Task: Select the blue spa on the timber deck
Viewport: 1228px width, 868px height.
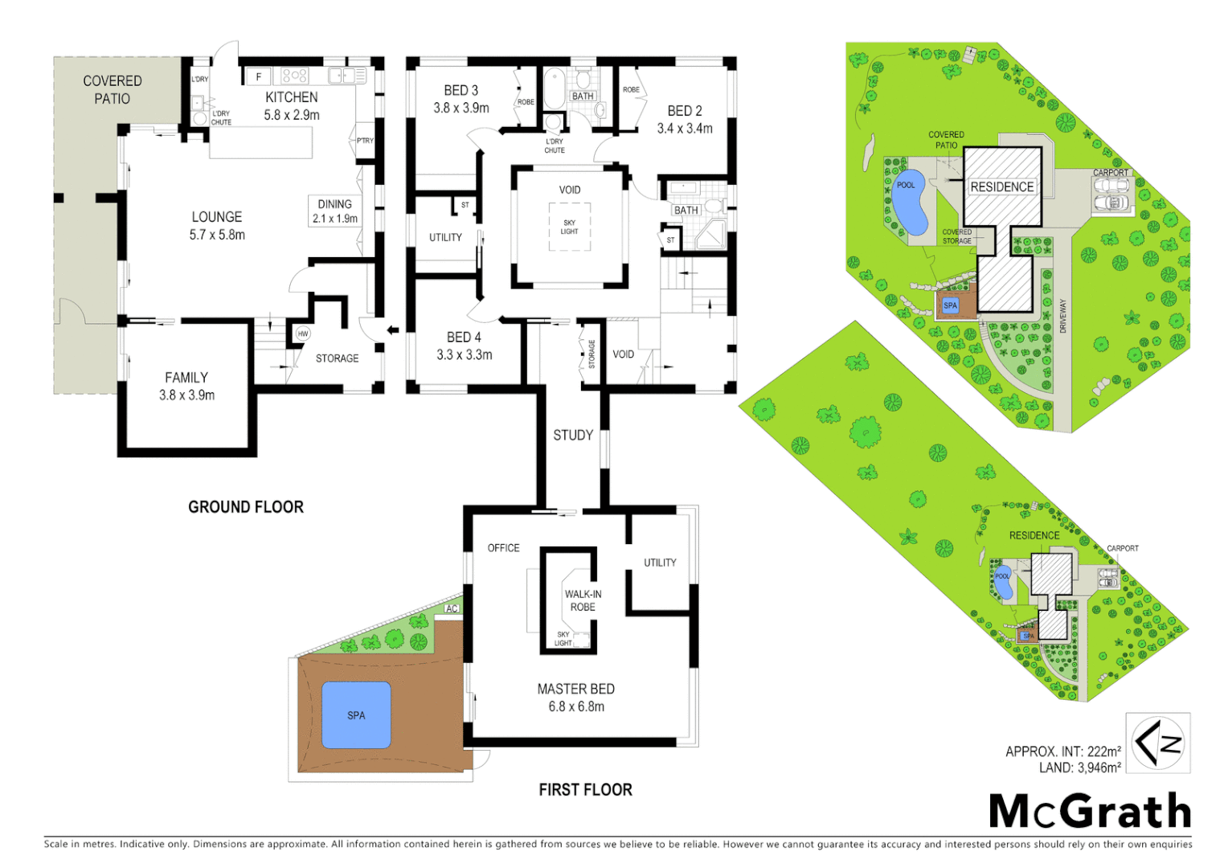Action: (356, 715)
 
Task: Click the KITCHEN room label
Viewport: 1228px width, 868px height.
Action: (292, 97)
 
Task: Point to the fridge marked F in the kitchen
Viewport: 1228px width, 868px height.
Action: (258, 77)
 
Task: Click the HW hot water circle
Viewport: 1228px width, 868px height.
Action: (303, 334)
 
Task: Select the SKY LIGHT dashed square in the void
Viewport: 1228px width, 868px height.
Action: (570, 227)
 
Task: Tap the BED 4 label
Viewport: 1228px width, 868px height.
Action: (464, 338)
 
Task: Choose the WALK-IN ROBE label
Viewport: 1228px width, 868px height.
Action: (583, 600)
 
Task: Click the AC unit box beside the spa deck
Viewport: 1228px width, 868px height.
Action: (452, 608)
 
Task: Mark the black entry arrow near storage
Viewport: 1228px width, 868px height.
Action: (393, 330)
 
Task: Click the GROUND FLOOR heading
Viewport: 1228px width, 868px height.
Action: (246, 507)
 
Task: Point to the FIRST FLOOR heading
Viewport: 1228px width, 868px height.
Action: (585, 790)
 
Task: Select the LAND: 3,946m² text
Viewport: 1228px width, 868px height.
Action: (1079, 768)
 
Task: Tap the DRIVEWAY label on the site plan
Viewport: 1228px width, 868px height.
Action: (1062, 316)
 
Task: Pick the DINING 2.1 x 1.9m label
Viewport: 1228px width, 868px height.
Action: (335, 211)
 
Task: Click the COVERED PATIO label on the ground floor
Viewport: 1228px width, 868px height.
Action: (113, 89)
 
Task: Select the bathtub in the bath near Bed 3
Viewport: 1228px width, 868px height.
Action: (554, 88)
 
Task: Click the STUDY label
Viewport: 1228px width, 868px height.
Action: (573, 436)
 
